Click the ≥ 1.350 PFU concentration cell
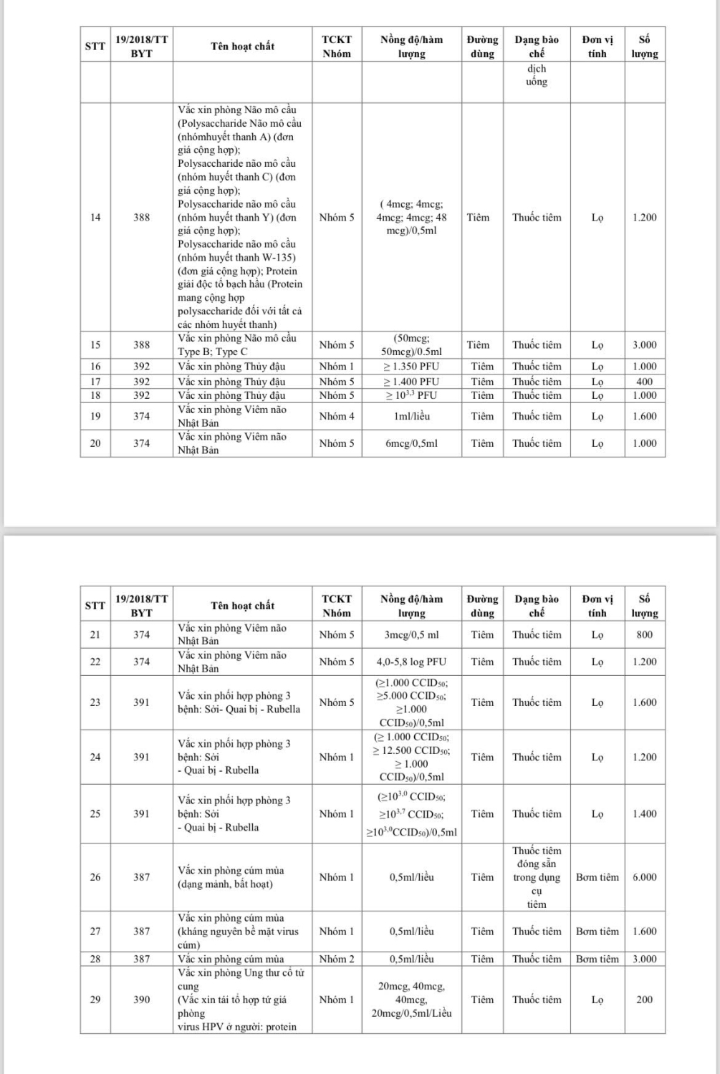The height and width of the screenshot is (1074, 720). click(411, 367)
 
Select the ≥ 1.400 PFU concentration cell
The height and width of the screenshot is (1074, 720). click(411, 382)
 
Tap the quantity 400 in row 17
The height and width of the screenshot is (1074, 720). click(644, 382)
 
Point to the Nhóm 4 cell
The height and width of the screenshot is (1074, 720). click(336, 416)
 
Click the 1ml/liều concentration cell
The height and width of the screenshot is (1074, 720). click(411, 416)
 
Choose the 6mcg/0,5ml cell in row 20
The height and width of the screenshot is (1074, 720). click(411, 443)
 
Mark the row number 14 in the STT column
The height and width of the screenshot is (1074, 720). click(95, 218)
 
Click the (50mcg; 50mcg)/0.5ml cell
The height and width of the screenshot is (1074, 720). click(411, 345)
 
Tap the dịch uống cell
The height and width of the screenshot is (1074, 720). click(537, 75)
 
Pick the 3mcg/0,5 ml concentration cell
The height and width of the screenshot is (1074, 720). click(411, 634)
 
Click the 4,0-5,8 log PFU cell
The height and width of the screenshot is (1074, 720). click(411, 662)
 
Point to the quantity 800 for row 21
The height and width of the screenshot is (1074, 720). click(644, 634)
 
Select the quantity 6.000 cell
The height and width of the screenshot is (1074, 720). click(644, 877)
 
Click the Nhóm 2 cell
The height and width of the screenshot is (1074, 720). click(336, 959)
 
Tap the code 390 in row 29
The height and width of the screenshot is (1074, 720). click(142, 1000)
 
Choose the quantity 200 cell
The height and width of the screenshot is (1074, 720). click(644, 1000)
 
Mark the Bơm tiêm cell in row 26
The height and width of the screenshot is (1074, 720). click(597, 877)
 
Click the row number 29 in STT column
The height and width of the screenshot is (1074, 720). click(95, 1000)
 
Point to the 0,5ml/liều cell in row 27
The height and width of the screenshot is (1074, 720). click(411, 932)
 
